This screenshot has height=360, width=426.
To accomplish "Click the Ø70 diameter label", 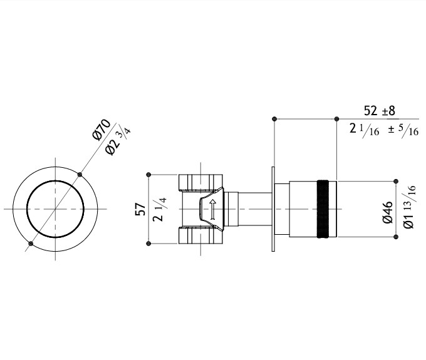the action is pyautogui.click(x=101, y=130).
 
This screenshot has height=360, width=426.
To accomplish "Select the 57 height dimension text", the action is pyautogui.click(x=140, y=209).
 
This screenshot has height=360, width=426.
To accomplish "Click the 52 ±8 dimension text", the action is pyautogui.click(x=379, y=111).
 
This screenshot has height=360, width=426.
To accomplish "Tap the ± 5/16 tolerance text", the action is pyautogui.click(x=403, y=131).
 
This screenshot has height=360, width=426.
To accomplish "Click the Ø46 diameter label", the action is pyautogui.click(x=388, y=212).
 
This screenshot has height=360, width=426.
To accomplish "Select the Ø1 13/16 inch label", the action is pyautogui.click(x=409, y=207).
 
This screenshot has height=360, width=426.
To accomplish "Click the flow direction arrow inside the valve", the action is pyautogui.click(x=213, y=209).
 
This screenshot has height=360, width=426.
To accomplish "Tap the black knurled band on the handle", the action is pyautogui.click(x=323, y=208).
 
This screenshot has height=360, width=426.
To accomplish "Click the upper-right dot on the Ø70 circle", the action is pyautogui.click(x=80, y=175).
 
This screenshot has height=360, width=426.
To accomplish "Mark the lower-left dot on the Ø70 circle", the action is pyautogui.click(x=31, y=244).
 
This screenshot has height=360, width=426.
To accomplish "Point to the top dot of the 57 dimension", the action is pyautogui.click(x=148, y=175).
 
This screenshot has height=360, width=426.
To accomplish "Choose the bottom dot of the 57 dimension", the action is pyautogui.click(x=148, y=244).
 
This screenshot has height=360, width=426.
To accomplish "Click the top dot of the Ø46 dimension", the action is pyautogui.click(x=396, y=181).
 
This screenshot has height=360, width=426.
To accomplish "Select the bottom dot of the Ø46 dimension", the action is pyautogui.click(x=396, y=237).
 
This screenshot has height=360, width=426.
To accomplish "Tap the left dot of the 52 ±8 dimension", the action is pyautogui.click(x=274, y=119).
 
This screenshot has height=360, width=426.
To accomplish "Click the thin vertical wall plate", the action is pyautogui.click(x=273, y=208).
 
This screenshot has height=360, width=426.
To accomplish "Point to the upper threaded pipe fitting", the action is pyautogui.click(x=200, y=182).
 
